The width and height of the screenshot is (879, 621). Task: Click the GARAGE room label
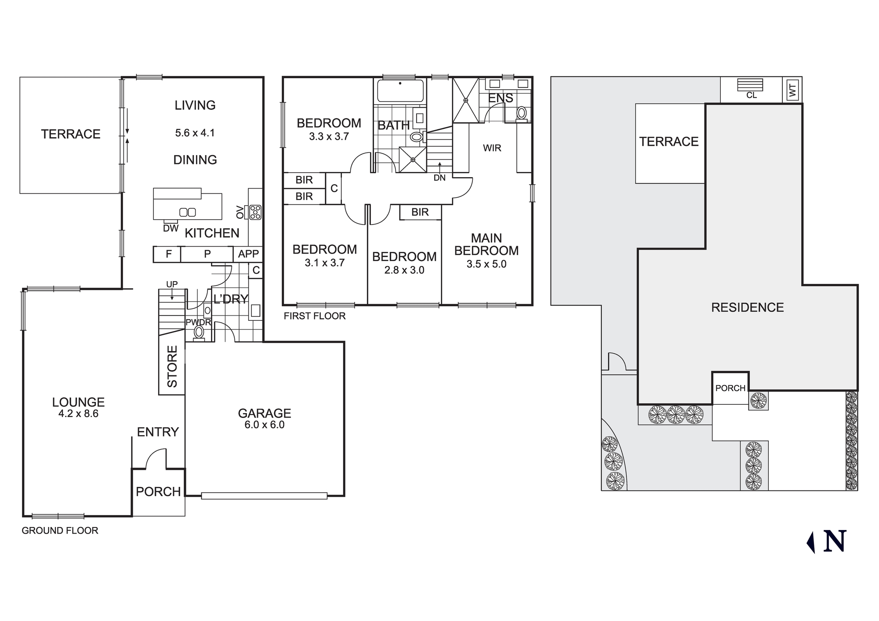[x=265, y=413]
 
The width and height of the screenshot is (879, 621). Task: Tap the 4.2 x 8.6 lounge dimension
[x=78, y=414]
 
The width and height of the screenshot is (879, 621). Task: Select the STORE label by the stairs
[x=172, y=366]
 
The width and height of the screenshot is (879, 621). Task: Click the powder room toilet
[x=199, y=332]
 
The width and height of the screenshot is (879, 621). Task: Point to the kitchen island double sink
[x=188, y=212]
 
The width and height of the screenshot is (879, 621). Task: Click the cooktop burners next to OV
[x=255, y=212]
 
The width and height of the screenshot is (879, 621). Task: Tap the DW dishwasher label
[x=171, y=228]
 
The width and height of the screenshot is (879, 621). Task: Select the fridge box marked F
[x=168, y=254]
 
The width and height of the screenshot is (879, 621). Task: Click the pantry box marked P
[x=207, y=254]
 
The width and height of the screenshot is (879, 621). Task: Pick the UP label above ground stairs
[x=172, y=284]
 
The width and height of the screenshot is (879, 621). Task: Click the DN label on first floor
[x=439, y=178]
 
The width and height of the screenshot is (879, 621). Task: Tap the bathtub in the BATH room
[x=400, y=90]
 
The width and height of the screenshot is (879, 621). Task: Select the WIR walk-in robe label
[x=492, y=148]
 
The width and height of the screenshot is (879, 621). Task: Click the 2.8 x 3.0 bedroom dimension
[x=404, y=270]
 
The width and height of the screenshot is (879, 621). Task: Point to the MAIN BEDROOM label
[x=486, y=244]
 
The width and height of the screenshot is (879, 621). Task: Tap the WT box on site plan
[x=792, y=91]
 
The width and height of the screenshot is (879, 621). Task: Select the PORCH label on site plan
[x=730, y=388]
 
